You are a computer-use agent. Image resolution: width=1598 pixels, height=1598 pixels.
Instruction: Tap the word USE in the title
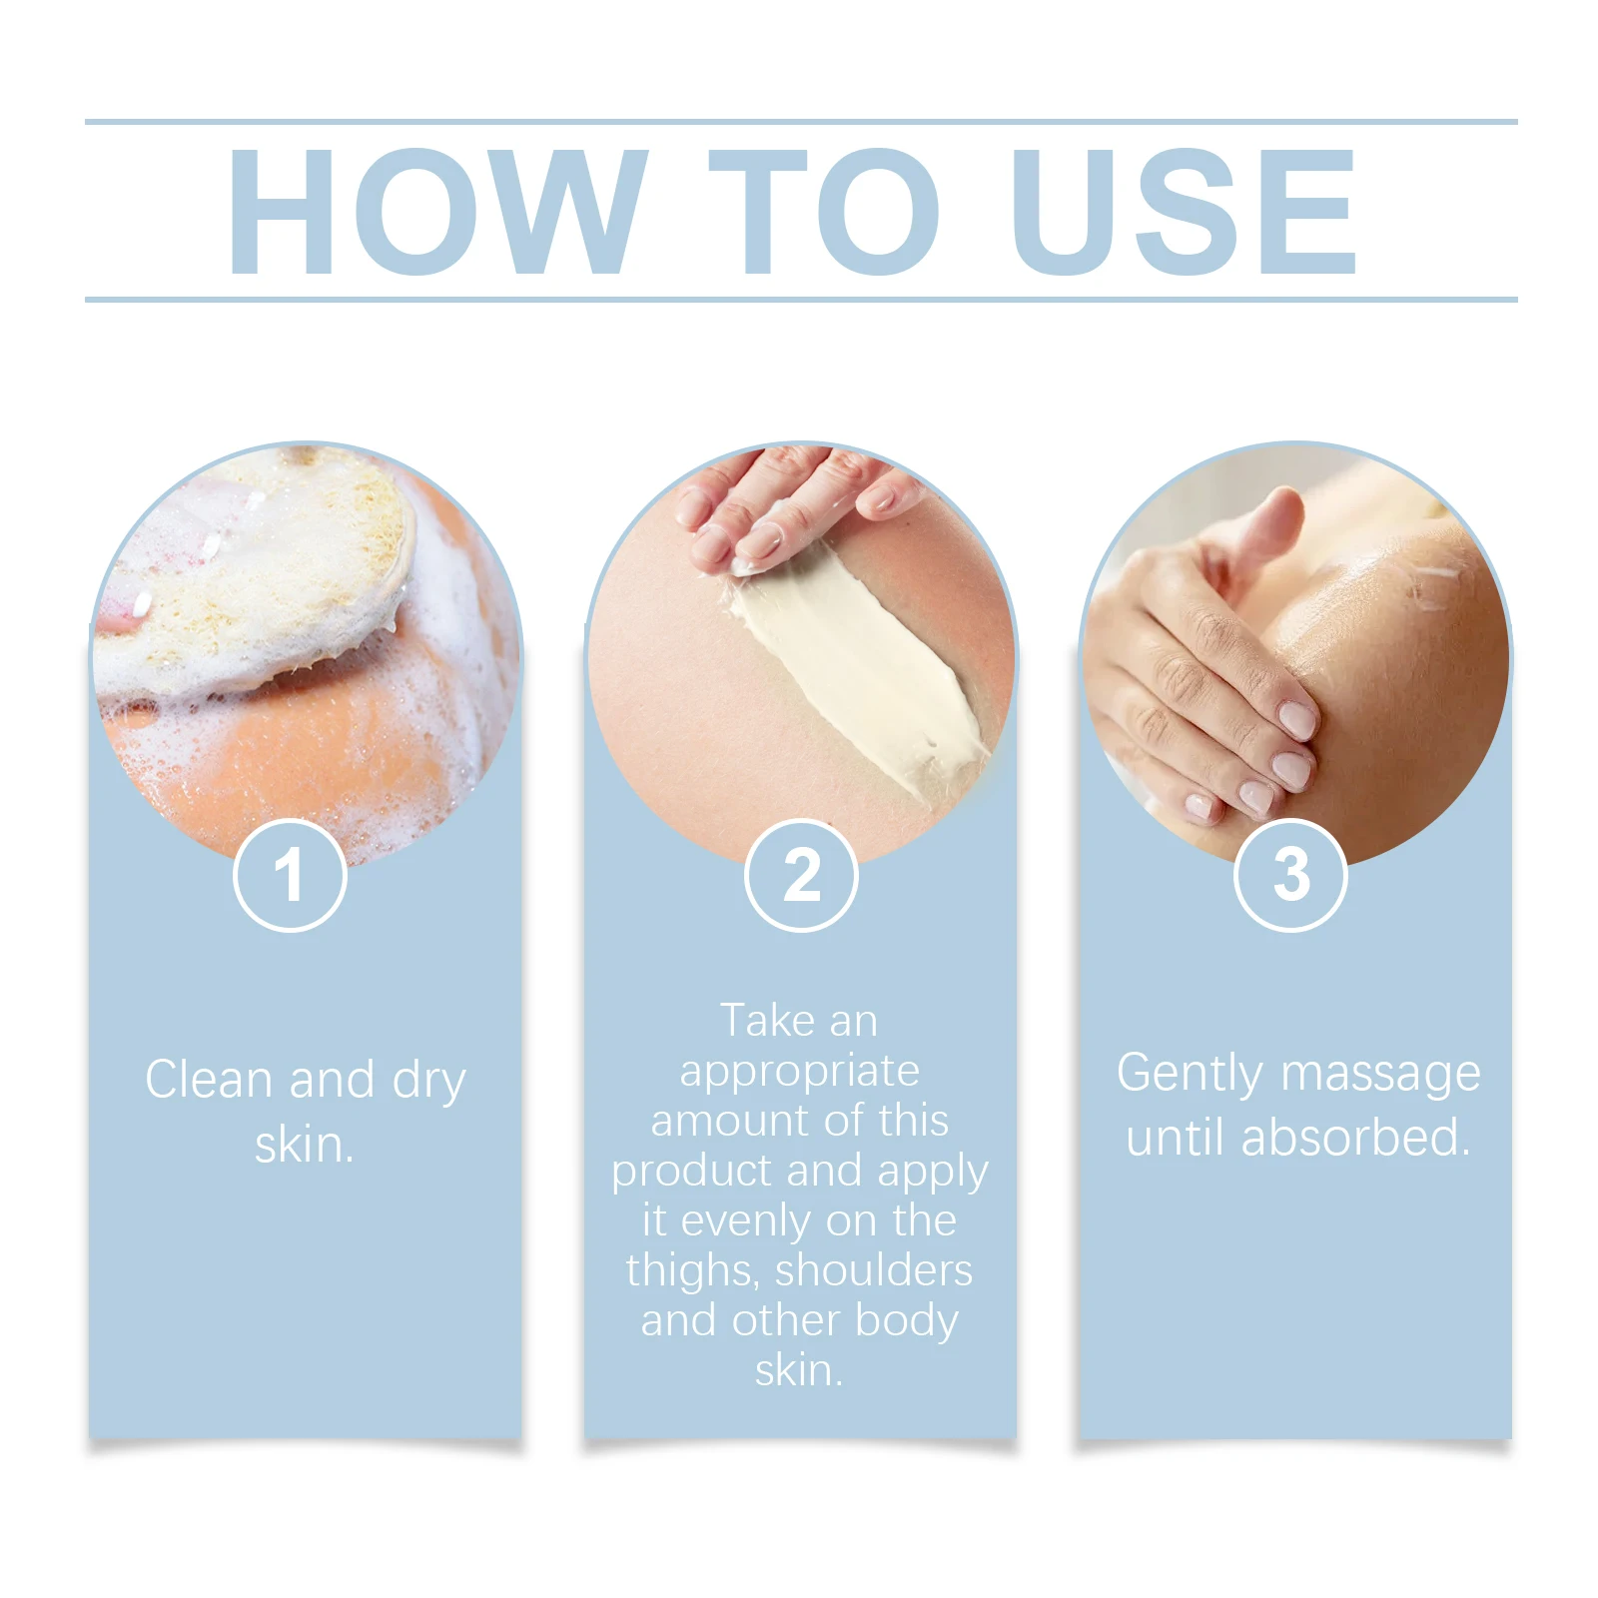pyautogui.click(x=1184, y=212)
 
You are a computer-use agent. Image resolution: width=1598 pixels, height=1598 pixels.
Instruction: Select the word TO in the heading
pyautogui.click(x=824, y=212)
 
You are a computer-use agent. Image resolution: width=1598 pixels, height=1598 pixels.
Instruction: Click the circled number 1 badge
pyautogui.click(x=290, y=875)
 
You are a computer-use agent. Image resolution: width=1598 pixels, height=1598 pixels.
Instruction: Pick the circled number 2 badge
pyautogui.click(x=801, y=875)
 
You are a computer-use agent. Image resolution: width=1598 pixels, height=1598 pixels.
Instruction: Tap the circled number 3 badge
pyautogui.click(x=1290, y=875)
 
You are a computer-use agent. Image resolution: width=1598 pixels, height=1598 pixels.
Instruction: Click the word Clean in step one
pyautogui.click(x=209, y=1080)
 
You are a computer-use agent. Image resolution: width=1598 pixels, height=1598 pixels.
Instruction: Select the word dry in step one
pyautogui.click(x=429, y=1082)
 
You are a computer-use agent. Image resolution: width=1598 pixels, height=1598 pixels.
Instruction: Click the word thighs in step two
pyautogui.click(x=693, y=1271)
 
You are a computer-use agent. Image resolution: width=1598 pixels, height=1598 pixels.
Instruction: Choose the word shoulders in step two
pyautogui.click(x=874, y=1270)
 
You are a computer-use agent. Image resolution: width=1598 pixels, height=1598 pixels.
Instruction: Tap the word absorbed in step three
pyautogui.click(x=1355, y=1138)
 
